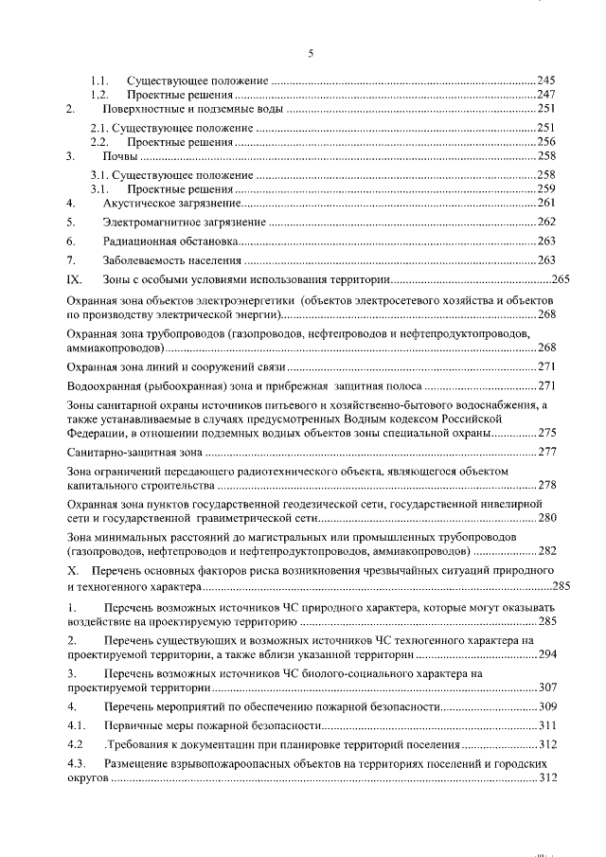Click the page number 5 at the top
(311, 53)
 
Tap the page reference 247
(545, 96)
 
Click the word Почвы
(120, 156)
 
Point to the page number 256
(545, 141)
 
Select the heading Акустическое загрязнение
(169, 203)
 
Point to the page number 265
(558, 280)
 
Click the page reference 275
(545, 433)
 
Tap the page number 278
(545, 486)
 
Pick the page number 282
(545, 551)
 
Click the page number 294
(545, 654)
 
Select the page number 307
(545, 687)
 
